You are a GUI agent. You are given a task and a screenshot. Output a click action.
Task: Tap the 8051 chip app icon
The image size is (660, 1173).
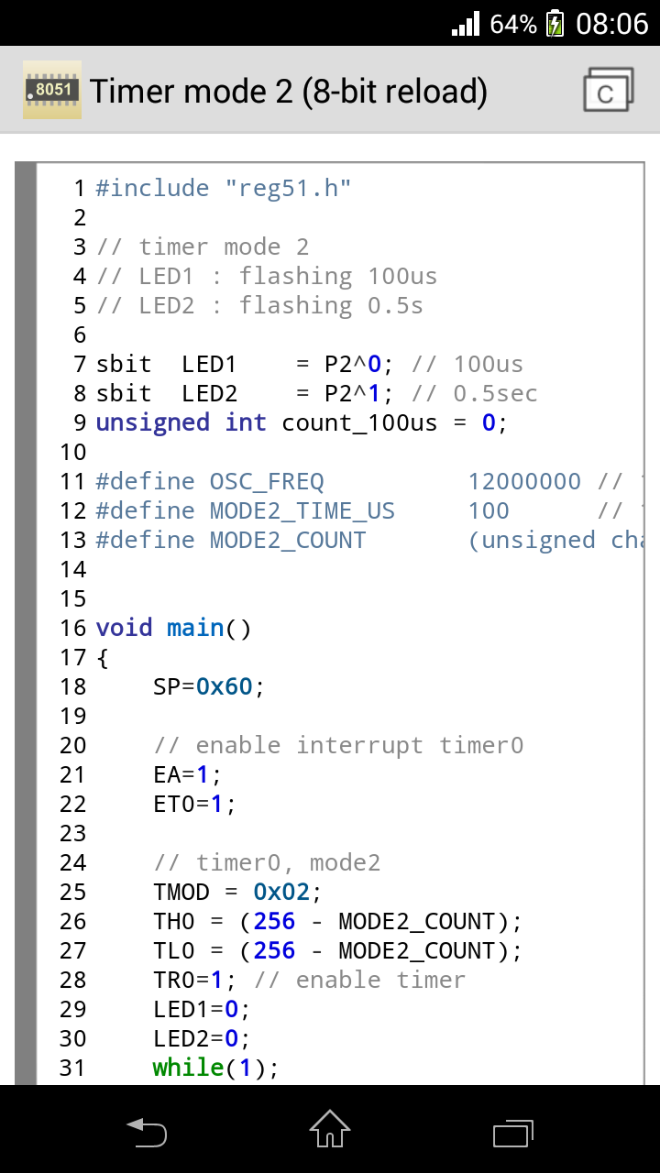52,90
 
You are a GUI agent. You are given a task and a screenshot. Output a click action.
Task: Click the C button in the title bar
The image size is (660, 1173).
607,91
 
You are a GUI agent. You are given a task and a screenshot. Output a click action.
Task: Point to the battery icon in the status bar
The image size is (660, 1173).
555,23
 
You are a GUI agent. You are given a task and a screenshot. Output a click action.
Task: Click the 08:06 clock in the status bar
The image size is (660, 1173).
611,23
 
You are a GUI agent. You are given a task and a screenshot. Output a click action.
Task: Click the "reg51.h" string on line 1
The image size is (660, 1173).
288,188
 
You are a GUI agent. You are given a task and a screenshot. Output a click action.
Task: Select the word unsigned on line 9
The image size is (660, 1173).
153,422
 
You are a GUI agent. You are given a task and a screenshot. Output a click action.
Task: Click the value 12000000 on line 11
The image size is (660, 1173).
524,481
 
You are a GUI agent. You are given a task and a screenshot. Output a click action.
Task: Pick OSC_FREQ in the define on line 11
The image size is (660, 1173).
267,481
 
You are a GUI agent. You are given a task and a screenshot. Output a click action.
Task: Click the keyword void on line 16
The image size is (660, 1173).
125,628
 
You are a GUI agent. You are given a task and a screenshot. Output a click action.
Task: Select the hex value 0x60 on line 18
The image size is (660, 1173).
225,686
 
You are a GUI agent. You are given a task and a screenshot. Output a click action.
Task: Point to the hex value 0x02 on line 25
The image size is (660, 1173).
281,892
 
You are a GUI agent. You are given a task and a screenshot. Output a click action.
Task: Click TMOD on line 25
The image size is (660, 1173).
181,892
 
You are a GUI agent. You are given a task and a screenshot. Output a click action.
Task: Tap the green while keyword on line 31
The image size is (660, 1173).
189,1068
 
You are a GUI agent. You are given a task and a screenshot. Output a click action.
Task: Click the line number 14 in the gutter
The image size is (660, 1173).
73,569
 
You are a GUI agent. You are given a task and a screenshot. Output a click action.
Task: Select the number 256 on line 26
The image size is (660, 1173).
274,921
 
